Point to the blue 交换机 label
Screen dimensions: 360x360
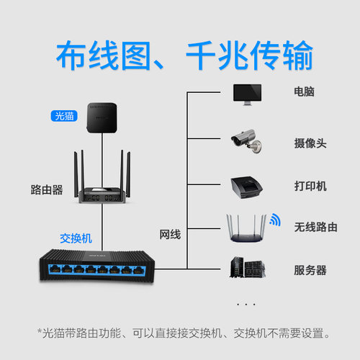(76, 237)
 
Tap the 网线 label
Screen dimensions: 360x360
(170, 235)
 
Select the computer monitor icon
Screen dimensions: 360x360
(246, 94)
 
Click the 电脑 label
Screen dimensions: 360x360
(304, 92)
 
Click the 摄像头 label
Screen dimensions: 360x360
(310, 143)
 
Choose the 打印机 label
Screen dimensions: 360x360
(310, 186)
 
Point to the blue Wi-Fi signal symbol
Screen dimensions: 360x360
(274, 219)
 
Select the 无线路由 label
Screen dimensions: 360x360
(315, 228)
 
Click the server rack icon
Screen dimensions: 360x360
(246, 269)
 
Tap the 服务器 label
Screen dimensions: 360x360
(310, 270)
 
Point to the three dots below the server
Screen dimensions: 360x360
(246, 304)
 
